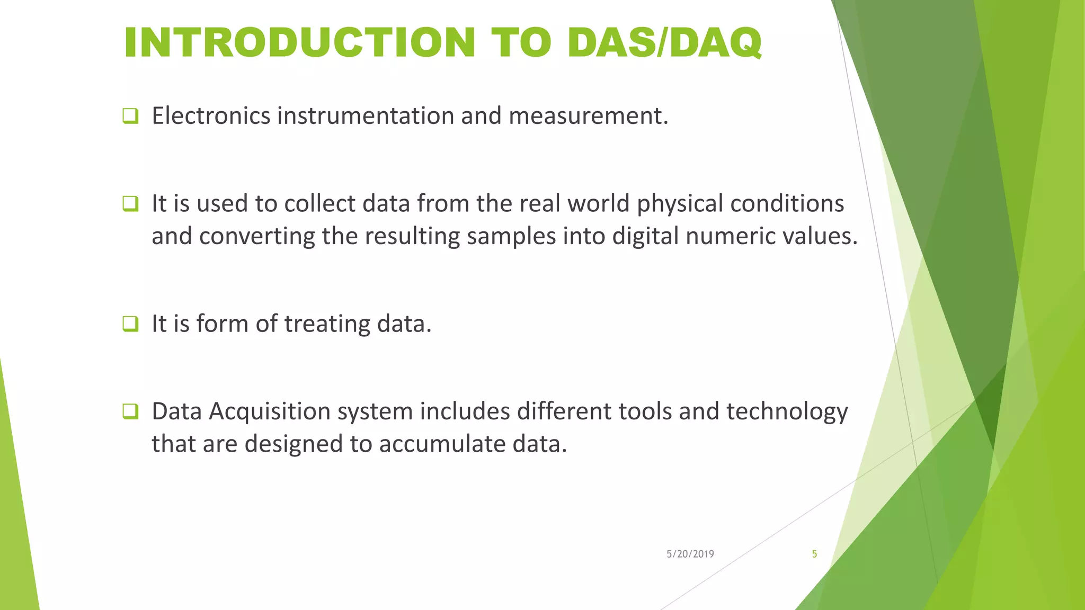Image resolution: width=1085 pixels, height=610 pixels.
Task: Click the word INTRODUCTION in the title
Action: (x=299, y=42)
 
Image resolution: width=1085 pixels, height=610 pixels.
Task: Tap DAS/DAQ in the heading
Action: (x=664, y=42)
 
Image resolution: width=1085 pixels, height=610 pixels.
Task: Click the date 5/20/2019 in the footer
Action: (x=690, y=554)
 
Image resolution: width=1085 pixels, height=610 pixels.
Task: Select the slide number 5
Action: (x=814, y=554)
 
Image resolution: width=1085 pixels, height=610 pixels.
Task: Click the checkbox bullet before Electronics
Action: (x=130, y=115)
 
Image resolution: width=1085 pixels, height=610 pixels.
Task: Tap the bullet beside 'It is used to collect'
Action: (x=130, y=203)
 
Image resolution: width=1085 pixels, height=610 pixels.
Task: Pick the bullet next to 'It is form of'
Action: (x=130, y=324)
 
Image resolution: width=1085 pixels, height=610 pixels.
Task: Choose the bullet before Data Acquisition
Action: (x=130, y=411)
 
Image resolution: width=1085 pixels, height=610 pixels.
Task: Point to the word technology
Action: (x=787, y=412)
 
